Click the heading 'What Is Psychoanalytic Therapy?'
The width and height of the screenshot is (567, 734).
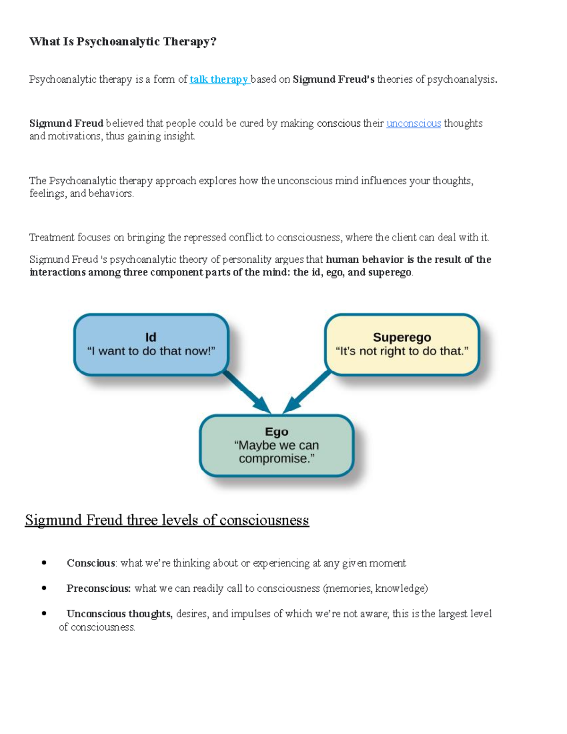click(x=122, y=42)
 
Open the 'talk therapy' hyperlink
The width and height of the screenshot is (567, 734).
click(x=219, y=79)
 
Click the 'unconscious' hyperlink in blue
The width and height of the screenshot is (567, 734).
click(x=413, y=123)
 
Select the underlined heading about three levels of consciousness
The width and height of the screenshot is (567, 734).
click(x=167, y=520)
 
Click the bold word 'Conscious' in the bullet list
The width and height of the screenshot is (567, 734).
click(x=91, y=563)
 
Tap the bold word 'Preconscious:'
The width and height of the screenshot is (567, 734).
click(x=98, y=588)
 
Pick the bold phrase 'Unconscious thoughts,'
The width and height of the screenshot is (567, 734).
click(x=120, y=614)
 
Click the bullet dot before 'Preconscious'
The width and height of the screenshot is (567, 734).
click(x=44, y=588)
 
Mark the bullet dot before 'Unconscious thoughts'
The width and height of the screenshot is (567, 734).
click(x=44, y=614)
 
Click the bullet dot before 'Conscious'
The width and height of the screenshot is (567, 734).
click(x=44, y=563)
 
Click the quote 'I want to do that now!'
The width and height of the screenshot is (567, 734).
click(x=151, y=351)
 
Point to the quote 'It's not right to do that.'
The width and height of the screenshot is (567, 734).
click(x=402, y=351)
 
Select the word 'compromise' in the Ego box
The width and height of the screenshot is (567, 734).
click(x=274, y=458)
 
